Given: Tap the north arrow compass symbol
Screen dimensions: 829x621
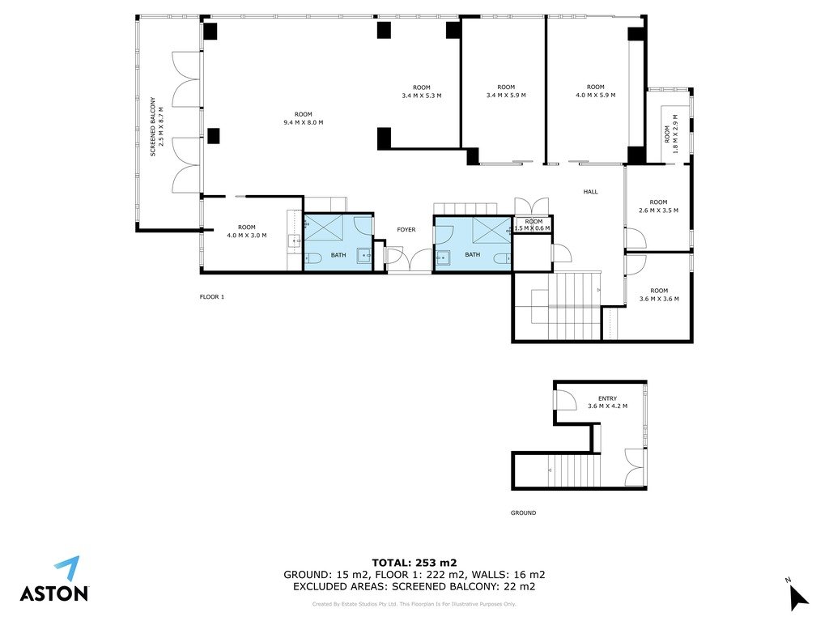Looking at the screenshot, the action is (x=798, y=594).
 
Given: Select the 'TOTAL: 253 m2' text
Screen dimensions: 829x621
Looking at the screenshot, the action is (x=414, y=563).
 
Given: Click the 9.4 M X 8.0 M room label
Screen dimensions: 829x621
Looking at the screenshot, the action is (x=304, y=118).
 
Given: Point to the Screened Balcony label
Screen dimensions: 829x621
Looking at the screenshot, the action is (x=156, y=126).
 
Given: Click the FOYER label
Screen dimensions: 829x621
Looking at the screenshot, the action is (x=406, y=230).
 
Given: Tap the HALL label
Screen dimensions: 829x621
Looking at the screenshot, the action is (x=590, y=192).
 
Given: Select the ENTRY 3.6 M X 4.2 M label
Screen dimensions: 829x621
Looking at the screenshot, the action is (x=607, y=402).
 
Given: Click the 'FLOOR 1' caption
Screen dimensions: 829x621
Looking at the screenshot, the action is (x=212, y=297).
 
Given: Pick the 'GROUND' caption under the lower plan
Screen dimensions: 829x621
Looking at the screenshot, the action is (x=524, y=513).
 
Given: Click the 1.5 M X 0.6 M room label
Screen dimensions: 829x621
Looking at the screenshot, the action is (x=533, y=225).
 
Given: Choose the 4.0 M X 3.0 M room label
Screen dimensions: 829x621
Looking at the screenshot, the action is (x=247, y=232).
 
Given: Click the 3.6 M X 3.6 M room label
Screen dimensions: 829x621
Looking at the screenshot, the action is (x=659, y=295).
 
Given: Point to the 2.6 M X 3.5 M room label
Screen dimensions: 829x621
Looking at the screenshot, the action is (x=658, y=206).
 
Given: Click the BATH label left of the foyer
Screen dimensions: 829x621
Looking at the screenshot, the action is (x=338, y=255).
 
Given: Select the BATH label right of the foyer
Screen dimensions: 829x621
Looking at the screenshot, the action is (x=473, y=254).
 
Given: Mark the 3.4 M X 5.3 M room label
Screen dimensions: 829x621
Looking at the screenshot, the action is (x=421, y=91).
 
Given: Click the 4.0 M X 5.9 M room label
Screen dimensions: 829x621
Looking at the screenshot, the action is (x=595, y=91).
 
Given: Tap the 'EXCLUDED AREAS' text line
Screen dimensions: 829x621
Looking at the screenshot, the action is (x=414, y=586).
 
